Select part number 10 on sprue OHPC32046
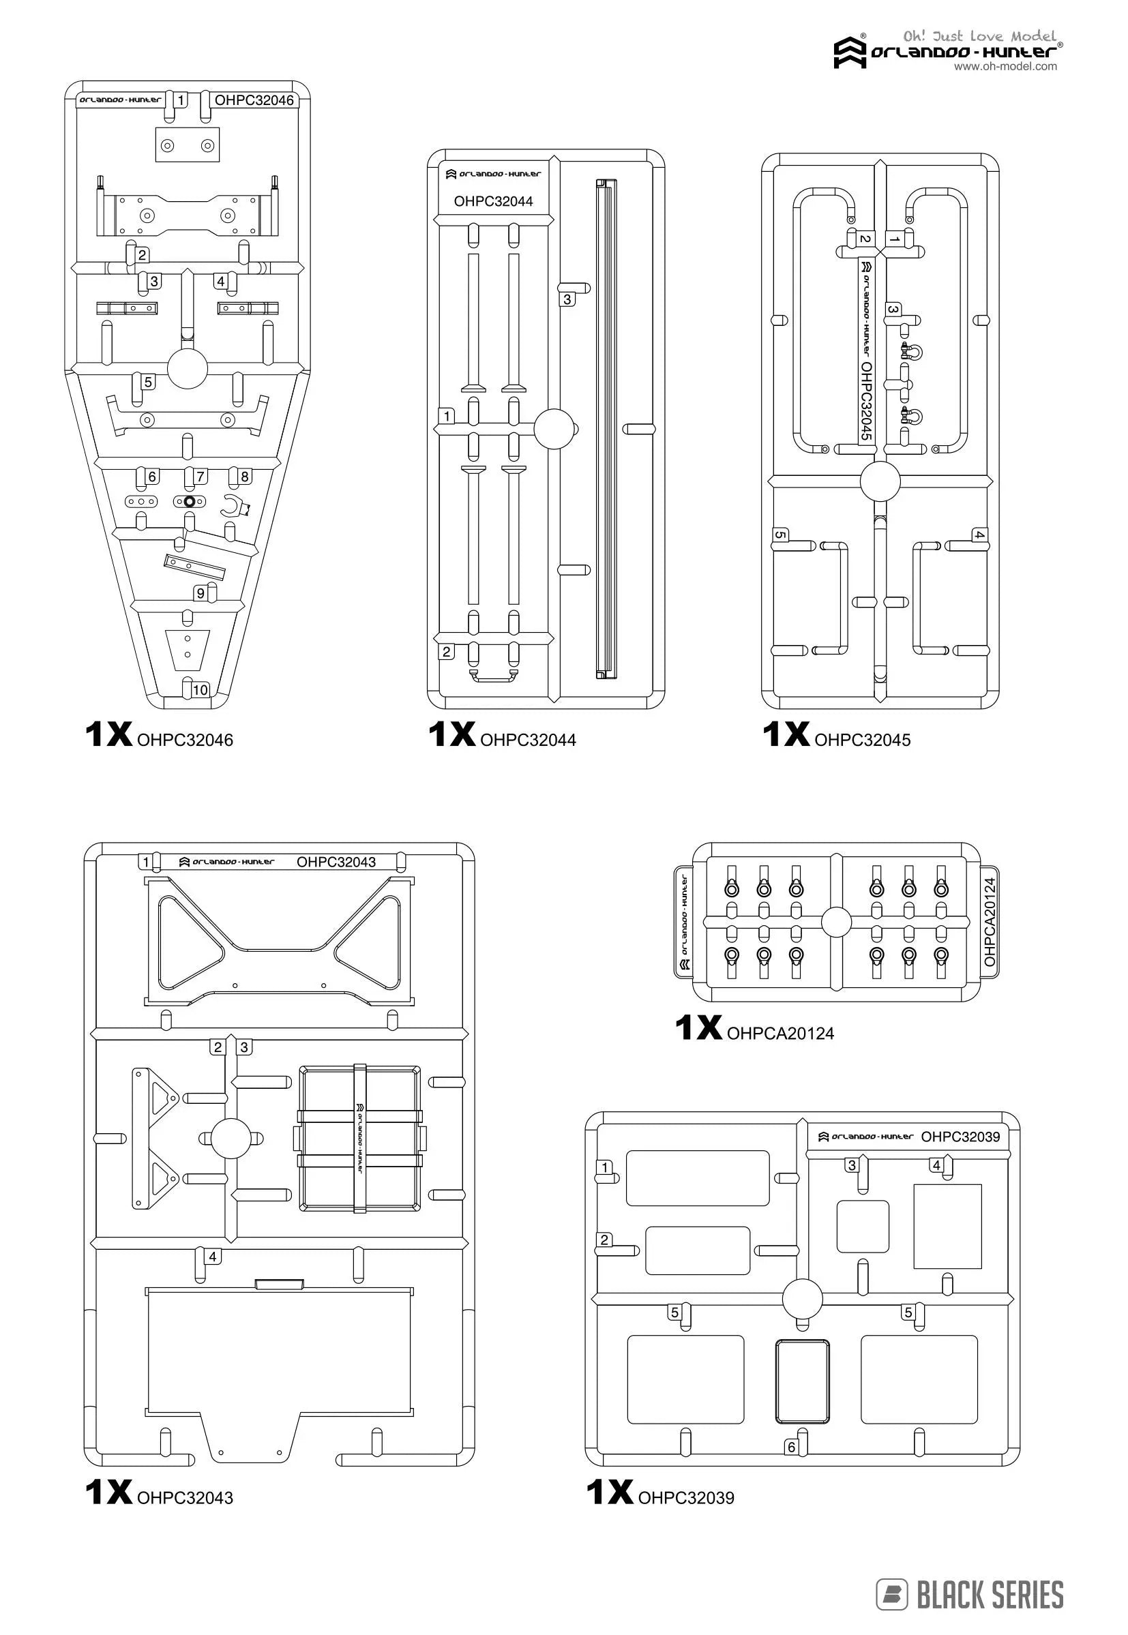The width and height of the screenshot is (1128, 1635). (201, 689)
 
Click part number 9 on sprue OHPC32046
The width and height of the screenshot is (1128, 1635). (201, 593)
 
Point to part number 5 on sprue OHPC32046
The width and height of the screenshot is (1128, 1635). (148, 382)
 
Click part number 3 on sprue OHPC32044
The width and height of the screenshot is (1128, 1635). (567, 299)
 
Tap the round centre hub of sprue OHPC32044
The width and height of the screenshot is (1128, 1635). (554, 429)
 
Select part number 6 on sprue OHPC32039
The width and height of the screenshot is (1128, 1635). (792, 1447)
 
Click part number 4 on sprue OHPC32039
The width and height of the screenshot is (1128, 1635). (936, 1165)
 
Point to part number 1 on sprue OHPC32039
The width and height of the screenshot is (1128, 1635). (605, 1167)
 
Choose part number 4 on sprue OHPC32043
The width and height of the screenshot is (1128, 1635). (213, 1257)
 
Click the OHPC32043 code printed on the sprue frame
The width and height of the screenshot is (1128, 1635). (336, 862)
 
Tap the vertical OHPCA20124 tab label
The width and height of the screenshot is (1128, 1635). (990, 921)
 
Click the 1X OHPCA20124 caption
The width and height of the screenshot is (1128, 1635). (754, 1030)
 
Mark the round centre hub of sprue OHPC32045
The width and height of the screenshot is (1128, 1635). (880, 482)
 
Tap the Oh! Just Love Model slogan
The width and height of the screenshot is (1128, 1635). (979, 36)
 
